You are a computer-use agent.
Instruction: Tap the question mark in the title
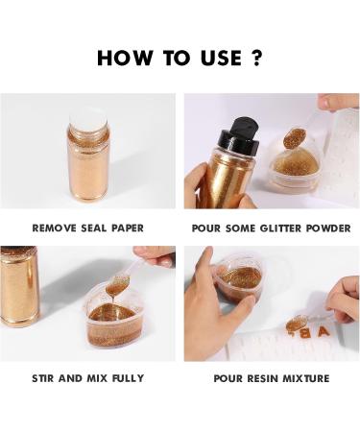[x=256, y=58]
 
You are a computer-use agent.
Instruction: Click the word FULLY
[x=126, y=378]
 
